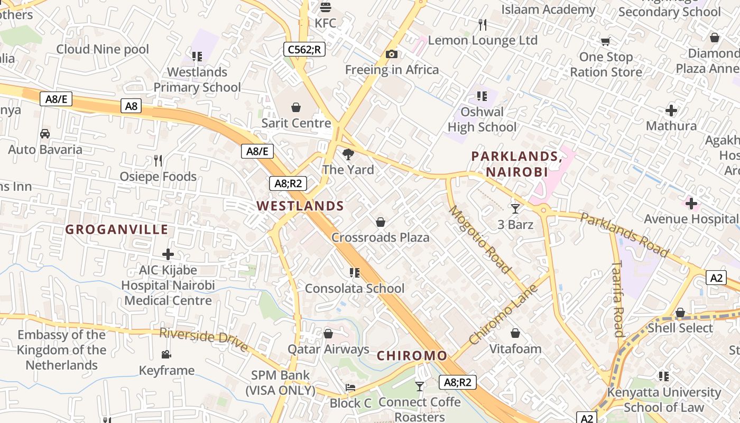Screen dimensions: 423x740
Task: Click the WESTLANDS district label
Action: click(x=300, y=206)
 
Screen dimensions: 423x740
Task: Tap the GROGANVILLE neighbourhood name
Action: click(x=117, y=229)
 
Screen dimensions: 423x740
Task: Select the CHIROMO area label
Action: click(x=412, y=356)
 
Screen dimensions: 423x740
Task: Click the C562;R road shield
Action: click(x=304, y=49)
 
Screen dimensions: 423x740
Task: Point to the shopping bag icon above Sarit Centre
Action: click(x=295, y=107)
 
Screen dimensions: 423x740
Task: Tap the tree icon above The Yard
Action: click(x=348, y=154)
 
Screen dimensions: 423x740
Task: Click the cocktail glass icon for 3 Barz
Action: click(x=515, y=209)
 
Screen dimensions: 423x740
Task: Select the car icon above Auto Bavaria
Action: click(x=45, y=134)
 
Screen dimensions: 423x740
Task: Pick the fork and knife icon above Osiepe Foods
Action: click(x=158, y=161)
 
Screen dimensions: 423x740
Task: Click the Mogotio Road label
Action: click(x=480, y=240)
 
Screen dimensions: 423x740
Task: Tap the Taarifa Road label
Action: click(x=617, y=299)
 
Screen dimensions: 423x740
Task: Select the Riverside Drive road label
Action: click(x=203, y=339)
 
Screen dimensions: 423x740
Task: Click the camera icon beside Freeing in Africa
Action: click(x=392, y=54)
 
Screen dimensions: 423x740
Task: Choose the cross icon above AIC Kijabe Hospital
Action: click(x=168, y=254)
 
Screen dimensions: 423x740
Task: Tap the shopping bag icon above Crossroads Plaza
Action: click(x=380, y=222)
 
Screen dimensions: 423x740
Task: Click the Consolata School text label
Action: click(x=355, y=289)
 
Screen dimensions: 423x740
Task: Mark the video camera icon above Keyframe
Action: click(x=166, y=354)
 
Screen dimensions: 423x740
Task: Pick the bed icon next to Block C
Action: click(x=350, y=388)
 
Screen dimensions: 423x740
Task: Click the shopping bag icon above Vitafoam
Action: click(x=515, y=333)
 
